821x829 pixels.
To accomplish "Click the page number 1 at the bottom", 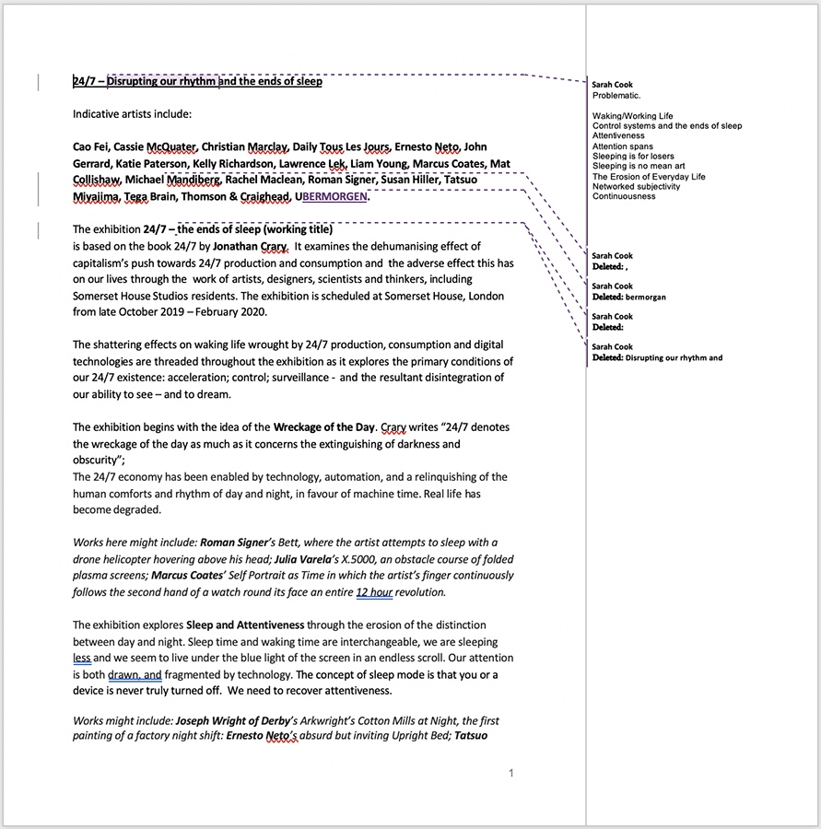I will pos(511,773).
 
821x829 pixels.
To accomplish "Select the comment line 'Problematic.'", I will pos(616,95).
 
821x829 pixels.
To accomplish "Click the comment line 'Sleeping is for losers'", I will pos(636,156).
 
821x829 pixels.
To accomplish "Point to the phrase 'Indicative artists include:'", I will pos(132,114).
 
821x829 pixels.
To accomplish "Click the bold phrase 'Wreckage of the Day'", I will pos(323,426).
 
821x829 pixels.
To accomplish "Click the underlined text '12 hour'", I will pos(374,591).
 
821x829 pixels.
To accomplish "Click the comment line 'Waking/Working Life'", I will pos(633,116).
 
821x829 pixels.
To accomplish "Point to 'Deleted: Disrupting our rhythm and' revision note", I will pos(657,357).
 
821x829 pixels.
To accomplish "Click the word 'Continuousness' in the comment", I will pos(624,196).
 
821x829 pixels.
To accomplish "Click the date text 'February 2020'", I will pos(229,311).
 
